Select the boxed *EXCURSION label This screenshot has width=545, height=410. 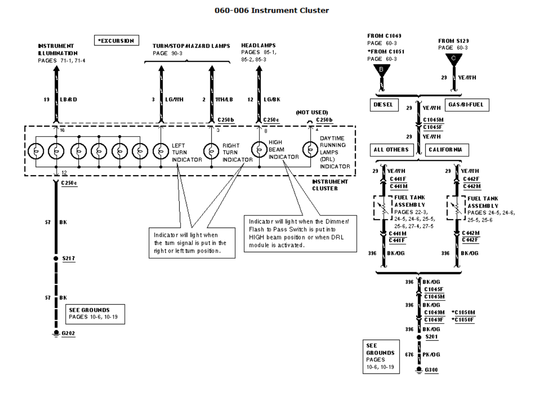coord(116,41)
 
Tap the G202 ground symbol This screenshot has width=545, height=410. coord(56,333)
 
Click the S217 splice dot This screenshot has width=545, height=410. coord(56,259)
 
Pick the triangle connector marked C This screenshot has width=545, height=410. coord(454,59)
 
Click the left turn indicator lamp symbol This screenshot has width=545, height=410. coord(160,151)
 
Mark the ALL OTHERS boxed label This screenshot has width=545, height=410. coord(391,149)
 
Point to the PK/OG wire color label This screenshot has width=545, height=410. coord(432,354)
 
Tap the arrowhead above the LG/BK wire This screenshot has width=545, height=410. coord(259,69)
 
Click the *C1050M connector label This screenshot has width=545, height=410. coord(463,312)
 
